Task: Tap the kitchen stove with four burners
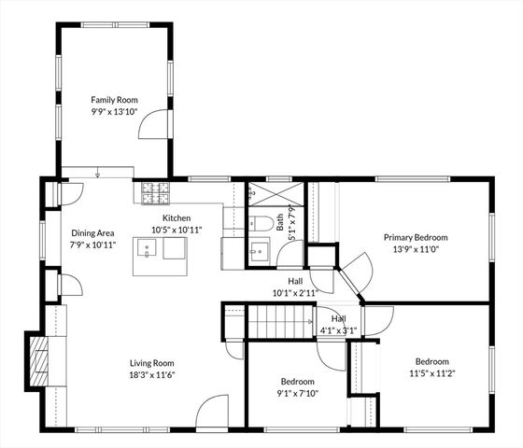tap(155, 193)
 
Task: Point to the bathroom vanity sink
tap(258, 252)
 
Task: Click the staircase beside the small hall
tap(276, 324)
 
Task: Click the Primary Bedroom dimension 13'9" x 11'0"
tap(416, 250)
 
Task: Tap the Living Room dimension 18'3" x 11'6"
tap(151, 375)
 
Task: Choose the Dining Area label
tap(92, 233)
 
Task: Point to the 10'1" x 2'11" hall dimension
tap(295, 292)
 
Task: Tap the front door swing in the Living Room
tap(214, 410)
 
